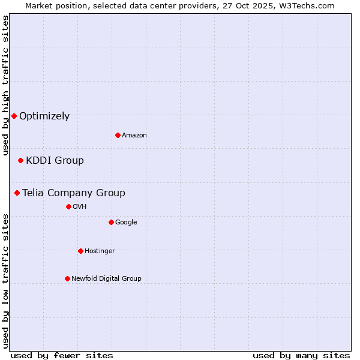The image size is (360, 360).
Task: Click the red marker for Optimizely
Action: coord(14,116)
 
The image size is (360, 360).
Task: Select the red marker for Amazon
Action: coord(118,135)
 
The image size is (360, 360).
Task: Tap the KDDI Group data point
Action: coord(20,160)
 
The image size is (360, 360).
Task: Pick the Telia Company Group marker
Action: coord(17,193)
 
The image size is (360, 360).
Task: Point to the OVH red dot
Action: coord(68,206)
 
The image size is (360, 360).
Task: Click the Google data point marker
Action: coord(111,222)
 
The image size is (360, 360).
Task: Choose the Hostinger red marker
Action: coord(80,251)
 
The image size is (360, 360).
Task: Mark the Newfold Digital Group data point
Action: coord(67,278)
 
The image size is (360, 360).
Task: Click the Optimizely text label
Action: coord(44,116)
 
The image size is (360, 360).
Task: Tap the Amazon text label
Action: coord(134,136)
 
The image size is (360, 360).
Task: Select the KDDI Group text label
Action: coord(55,161)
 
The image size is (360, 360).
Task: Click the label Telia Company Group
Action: coord(74,193)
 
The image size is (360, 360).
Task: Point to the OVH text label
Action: coord(80,207)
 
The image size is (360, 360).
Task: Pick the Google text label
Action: coord(126,223)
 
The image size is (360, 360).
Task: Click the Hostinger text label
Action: coord(100,251)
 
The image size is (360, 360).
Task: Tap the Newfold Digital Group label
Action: coord(106,279)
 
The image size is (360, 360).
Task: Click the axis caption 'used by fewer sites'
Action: coord(62,355)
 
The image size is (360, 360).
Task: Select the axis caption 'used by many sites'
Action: coord(301,355)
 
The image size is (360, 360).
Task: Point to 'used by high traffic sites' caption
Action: coord(5,86)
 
